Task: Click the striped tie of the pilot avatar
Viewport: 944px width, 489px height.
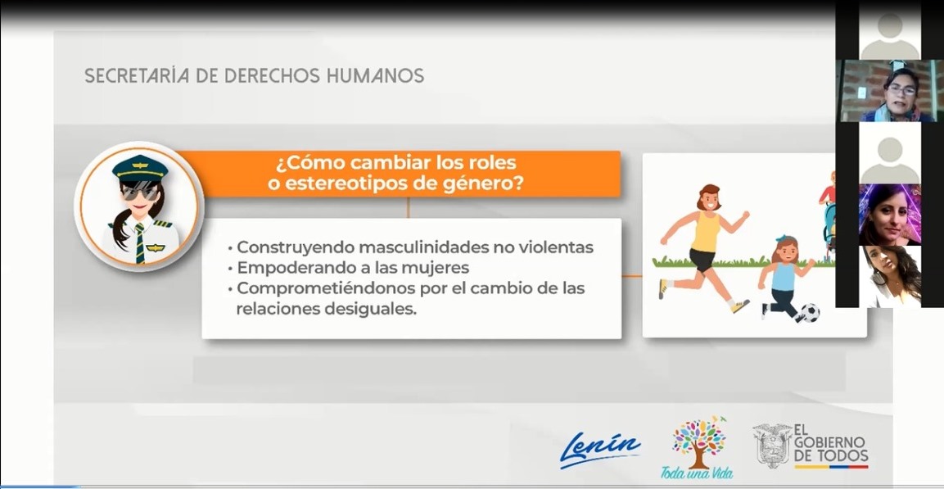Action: (140, 243)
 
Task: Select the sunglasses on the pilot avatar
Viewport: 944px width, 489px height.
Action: (140, 192)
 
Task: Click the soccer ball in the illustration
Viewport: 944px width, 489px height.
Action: (810, 313)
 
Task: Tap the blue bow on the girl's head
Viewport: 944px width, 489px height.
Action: (781, 239)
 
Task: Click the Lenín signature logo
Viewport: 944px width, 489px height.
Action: (599, 449)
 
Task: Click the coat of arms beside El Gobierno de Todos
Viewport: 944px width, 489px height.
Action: (772, 446)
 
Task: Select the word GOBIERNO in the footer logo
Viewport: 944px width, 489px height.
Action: (830, 442)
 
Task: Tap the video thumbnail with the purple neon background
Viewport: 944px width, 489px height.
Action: (890, 215)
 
